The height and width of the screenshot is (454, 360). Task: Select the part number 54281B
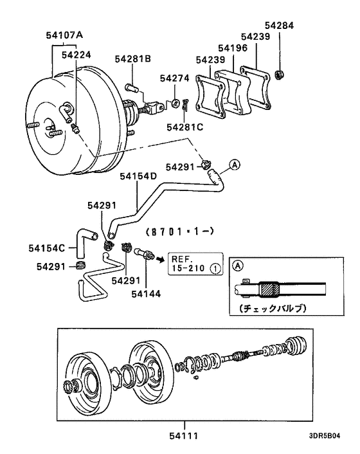coord(133,59)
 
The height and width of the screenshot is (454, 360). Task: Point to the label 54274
coord(175,78)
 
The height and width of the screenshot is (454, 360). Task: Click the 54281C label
coord(184,127)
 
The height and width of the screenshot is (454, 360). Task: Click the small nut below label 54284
coord(280,72)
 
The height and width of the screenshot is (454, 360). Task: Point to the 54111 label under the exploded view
coord(184,437)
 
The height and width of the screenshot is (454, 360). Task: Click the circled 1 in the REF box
coord(215,268)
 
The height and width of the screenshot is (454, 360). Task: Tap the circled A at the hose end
coord(235,165)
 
